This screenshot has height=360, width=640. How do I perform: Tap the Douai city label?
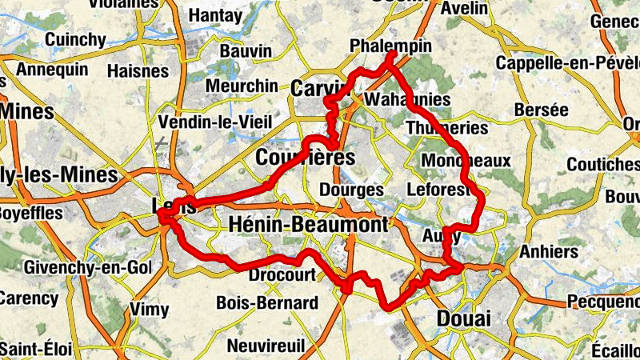(x=463, y=318)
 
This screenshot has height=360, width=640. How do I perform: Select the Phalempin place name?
(x=390, y=47)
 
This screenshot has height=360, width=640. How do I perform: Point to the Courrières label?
(x=305, y=158)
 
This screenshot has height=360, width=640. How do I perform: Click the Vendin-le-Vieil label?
(x=216, y=122)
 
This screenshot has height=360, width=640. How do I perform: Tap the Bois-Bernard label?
(x=267, y=303)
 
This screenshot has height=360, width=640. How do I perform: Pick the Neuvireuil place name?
(x=266, y=346)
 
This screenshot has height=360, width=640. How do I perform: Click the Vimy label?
(x=150, y=309)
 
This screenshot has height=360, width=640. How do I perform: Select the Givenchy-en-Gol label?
(x=75, y=266)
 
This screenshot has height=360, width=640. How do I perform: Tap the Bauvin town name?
(x=245, y=50)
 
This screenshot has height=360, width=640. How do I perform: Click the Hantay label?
(x=216, y=14)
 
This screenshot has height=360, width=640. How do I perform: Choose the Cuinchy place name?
(x=75, y=39)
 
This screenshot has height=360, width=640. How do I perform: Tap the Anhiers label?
(x=548, y=251)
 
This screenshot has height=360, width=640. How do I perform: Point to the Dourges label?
(x=351, y=190)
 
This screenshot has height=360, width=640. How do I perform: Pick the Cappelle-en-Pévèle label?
(x=565, y=62)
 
